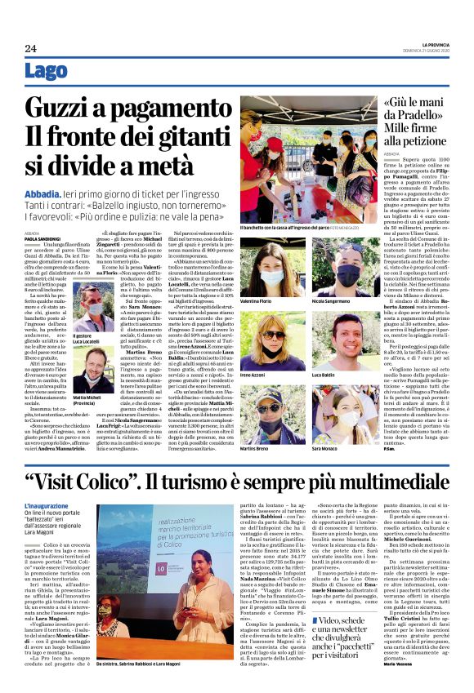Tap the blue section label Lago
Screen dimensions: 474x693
pyautogui.click(x=47, y=73)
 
